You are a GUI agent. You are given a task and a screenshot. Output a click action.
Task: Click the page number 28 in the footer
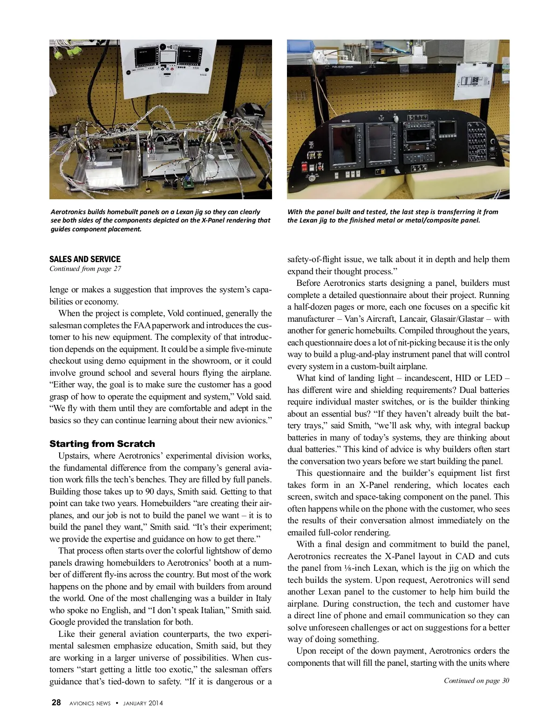56,703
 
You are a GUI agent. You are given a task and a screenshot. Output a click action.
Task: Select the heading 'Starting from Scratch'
102,444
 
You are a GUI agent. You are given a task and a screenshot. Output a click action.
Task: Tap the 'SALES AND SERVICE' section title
85,259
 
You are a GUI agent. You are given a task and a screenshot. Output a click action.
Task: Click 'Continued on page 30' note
476,681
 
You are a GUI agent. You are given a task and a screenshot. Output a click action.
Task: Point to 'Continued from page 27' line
85,269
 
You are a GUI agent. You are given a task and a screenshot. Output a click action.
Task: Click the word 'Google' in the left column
63,622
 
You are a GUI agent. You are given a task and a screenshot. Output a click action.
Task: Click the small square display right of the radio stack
448,127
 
